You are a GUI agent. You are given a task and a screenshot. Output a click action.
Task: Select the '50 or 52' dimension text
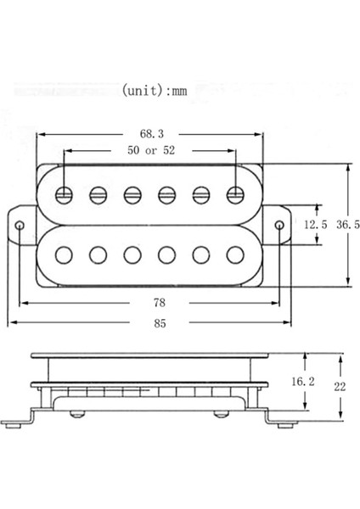(x=149, y=151)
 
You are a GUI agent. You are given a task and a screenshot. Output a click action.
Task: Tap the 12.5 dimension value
(x=316, y=225)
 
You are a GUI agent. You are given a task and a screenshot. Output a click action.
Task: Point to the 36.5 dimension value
(x=347, y=225)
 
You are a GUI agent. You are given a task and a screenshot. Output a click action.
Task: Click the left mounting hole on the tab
(x=20, y=225)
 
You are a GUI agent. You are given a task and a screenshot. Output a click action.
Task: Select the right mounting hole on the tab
(x=281, y=225)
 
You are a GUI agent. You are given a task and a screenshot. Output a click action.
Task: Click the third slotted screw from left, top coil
(x=132, y=194)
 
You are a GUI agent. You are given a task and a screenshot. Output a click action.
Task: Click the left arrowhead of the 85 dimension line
(x=12, y=322)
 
